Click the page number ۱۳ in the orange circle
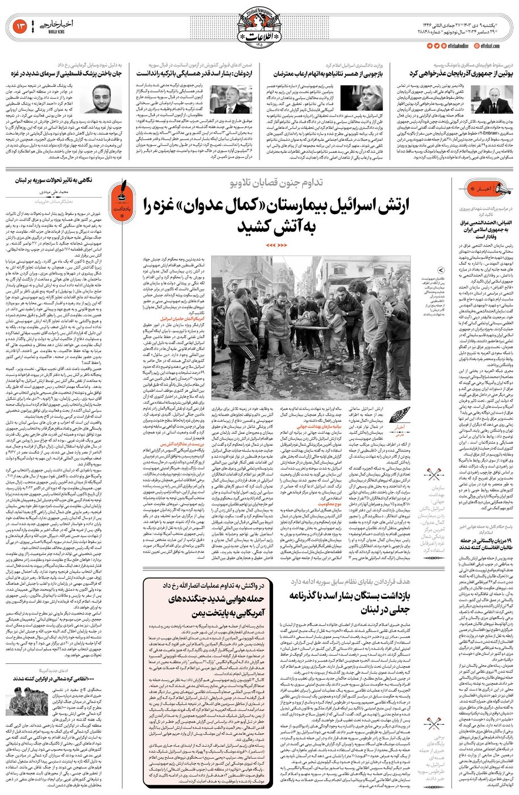click(x=20, y=26)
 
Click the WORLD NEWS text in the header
click(x=40, y=33)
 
